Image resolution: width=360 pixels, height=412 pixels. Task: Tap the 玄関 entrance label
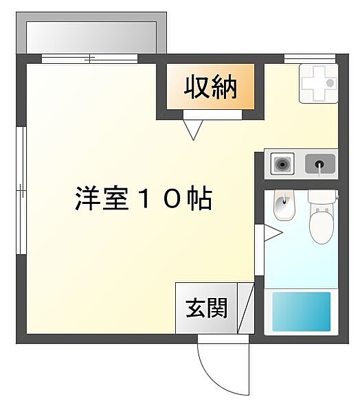pyautogui.click(x=206, y=309)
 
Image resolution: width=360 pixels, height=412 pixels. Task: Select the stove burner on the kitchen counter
pyautogui.click(x=281, y=164)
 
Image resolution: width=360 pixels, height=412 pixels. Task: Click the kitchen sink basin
pyautogui.click(x=319, y=164)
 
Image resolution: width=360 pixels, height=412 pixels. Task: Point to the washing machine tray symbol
pyautogui.click(x=318, y=84)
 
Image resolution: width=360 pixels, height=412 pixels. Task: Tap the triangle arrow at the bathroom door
pyautogui.click(x=273, y=233)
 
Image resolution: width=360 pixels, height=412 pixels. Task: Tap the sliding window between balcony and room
pyautogui.click(x=89, y=58)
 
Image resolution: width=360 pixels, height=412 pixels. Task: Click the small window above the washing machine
pyautogui.click(x=304, y=58)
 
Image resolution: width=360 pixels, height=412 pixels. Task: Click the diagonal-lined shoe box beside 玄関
pyautogui.click(x=246, y=308)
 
